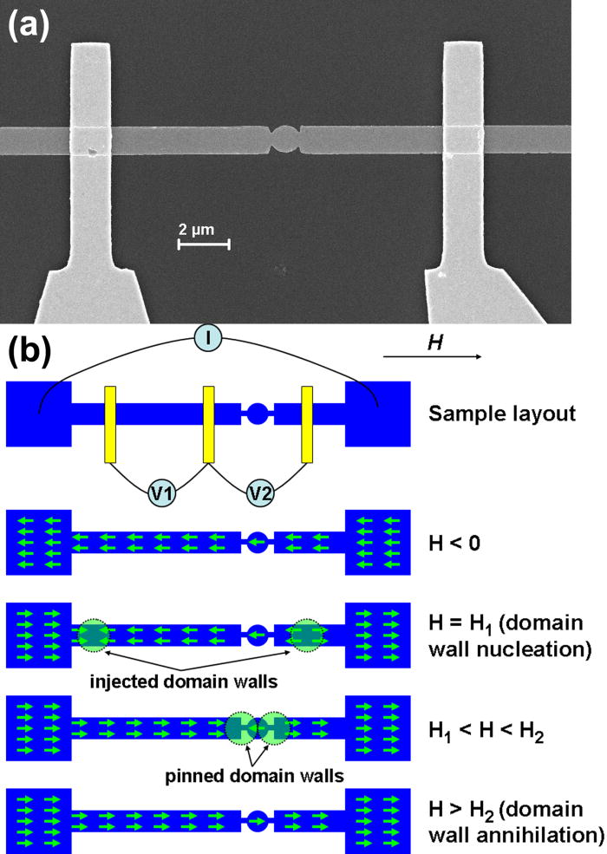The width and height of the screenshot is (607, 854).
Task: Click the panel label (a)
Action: (29, 23)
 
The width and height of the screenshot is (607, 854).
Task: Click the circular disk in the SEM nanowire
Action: (283, 138)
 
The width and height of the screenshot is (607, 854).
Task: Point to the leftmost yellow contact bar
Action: (110, 425)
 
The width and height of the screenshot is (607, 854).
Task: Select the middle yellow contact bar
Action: (208, 425)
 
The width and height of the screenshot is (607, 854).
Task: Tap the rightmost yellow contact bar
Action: (307, 425)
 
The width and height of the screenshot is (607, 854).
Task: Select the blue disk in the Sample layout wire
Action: (257, 414)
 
